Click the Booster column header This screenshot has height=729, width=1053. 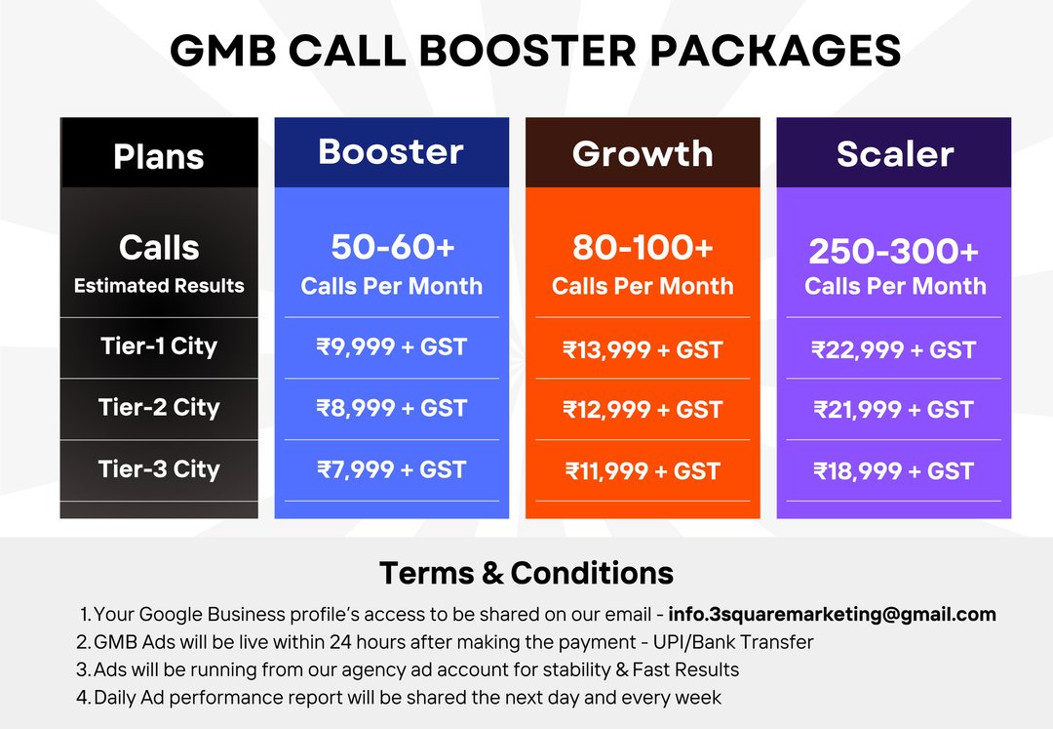pos(391,152)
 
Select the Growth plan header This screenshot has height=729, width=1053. pos(643,154)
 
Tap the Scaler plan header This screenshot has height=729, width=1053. pos(894,154)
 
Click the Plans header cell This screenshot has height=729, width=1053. pos(159,157)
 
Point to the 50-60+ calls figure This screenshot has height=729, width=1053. pos(393,247)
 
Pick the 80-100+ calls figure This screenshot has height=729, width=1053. pos(643,247)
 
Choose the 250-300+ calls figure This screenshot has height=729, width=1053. pos(894,251)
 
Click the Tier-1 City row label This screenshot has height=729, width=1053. pos(159,346)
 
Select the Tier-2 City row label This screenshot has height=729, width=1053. pos(159,407)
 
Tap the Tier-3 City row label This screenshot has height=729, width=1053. pos(159,469)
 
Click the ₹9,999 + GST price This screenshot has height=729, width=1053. pos(392,347)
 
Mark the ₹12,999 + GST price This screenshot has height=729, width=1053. pos(643,410)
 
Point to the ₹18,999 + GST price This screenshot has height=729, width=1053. pos(894,471)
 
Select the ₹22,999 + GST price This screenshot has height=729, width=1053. pos(894,350)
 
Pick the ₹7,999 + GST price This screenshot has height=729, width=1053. pos(392,469)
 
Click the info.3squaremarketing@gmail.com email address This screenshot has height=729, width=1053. pos(832,614)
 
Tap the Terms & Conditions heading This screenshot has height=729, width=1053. pos(526,573)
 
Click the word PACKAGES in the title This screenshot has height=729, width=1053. pos(776,51)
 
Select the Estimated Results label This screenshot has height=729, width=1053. pos(159,286)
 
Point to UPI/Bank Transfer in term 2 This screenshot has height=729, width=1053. pos(733,642)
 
